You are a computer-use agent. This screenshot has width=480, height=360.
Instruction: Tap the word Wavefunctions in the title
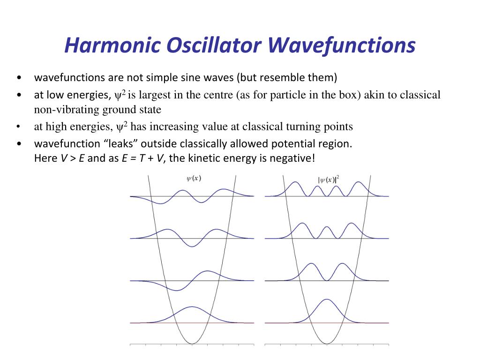click(x=343, y=45)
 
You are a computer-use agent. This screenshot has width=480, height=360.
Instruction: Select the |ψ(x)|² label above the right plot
click(x=329, y=179)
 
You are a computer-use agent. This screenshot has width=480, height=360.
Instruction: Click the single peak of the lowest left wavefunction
click(x=192, y=307)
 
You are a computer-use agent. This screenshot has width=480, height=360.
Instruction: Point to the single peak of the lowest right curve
click(x=327, y=299)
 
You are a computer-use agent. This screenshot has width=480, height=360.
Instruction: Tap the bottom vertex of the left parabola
click(x=192, y=344)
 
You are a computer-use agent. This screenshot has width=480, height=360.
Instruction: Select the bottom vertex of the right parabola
click(x=327, y=344)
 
